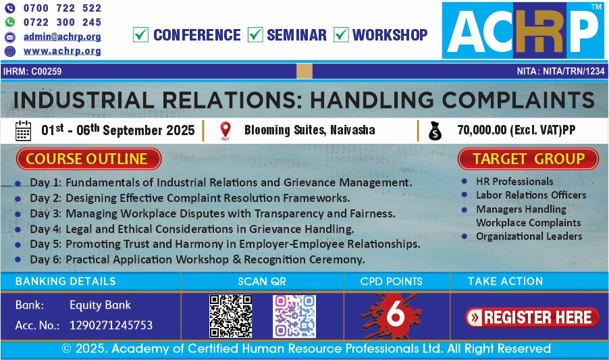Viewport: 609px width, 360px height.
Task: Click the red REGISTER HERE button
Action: [x=532, y=317]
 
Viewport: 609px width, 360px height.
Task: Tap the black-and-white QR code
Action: [x=231, y=316]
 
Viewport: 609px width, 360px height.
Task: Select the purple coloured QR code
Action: [x=294, y=316]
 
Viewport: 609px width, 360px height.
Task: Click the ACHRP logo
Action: [x=523, y=30]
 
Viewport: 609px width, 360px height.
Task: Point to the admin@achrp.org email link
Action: [x=62, y=36]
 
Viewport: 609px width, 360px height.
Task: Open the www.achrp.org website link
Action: [x=62, y=51]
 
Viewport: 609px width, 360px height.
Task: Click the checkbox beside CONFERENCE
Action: [x=140, y=34]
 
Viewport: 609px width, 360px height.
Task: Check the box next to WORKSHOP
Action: [x=341, y=34]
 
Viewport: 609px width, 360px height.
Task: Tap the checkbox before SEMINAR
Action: [x=255, y=34]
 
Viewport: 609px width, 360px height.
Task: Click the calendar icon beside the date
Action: [x=23, y=130]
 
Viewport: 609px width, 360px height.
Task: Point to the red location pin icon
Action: [x=226, y=130]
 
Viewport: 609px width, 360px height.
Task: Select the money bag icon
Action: [x=435, y=130]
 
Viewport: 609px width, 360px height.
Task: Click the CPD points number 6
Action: [x=396, y=314]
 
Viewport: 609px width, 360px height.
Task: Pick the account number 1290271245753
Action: [x=111, y=325]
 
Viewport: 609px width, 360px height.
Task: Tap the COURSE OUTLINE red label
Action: [x=88, y=159]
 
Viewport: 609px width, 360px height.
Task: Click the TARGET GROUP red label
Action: [x=528, y=159]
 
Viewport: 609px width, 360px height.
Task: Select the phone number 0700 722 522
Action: [x=62, y=8]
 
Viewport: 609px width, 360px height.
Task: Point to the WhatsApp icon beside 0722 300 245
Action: [x=9, y=22]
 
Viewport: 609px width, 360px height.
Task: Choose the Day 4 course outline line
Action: [x=192, y=229]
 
